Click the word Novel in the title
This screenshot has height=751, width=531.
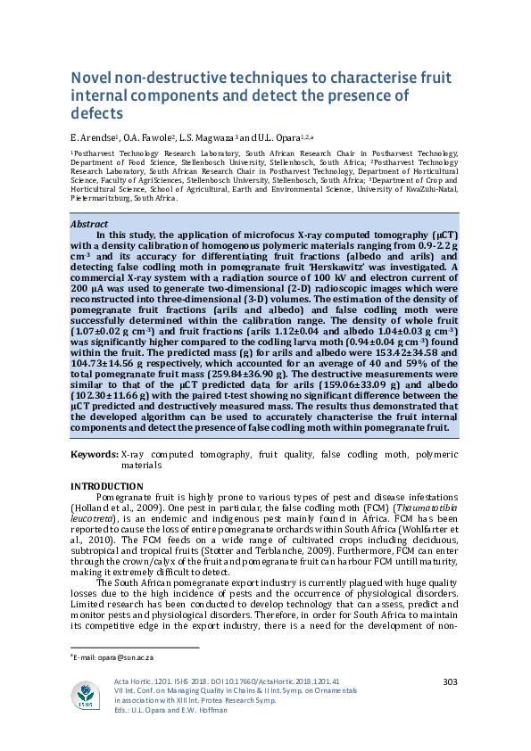pos(90,78)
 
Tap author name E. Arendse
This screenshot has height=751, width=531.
pos(93,138)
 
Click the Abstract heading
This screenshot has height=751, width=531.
pos(89,224)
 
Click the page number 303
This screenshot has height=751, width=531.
pos(450,682)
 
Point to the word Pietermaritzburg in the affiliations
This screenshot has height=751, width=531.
pos(100,197)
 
